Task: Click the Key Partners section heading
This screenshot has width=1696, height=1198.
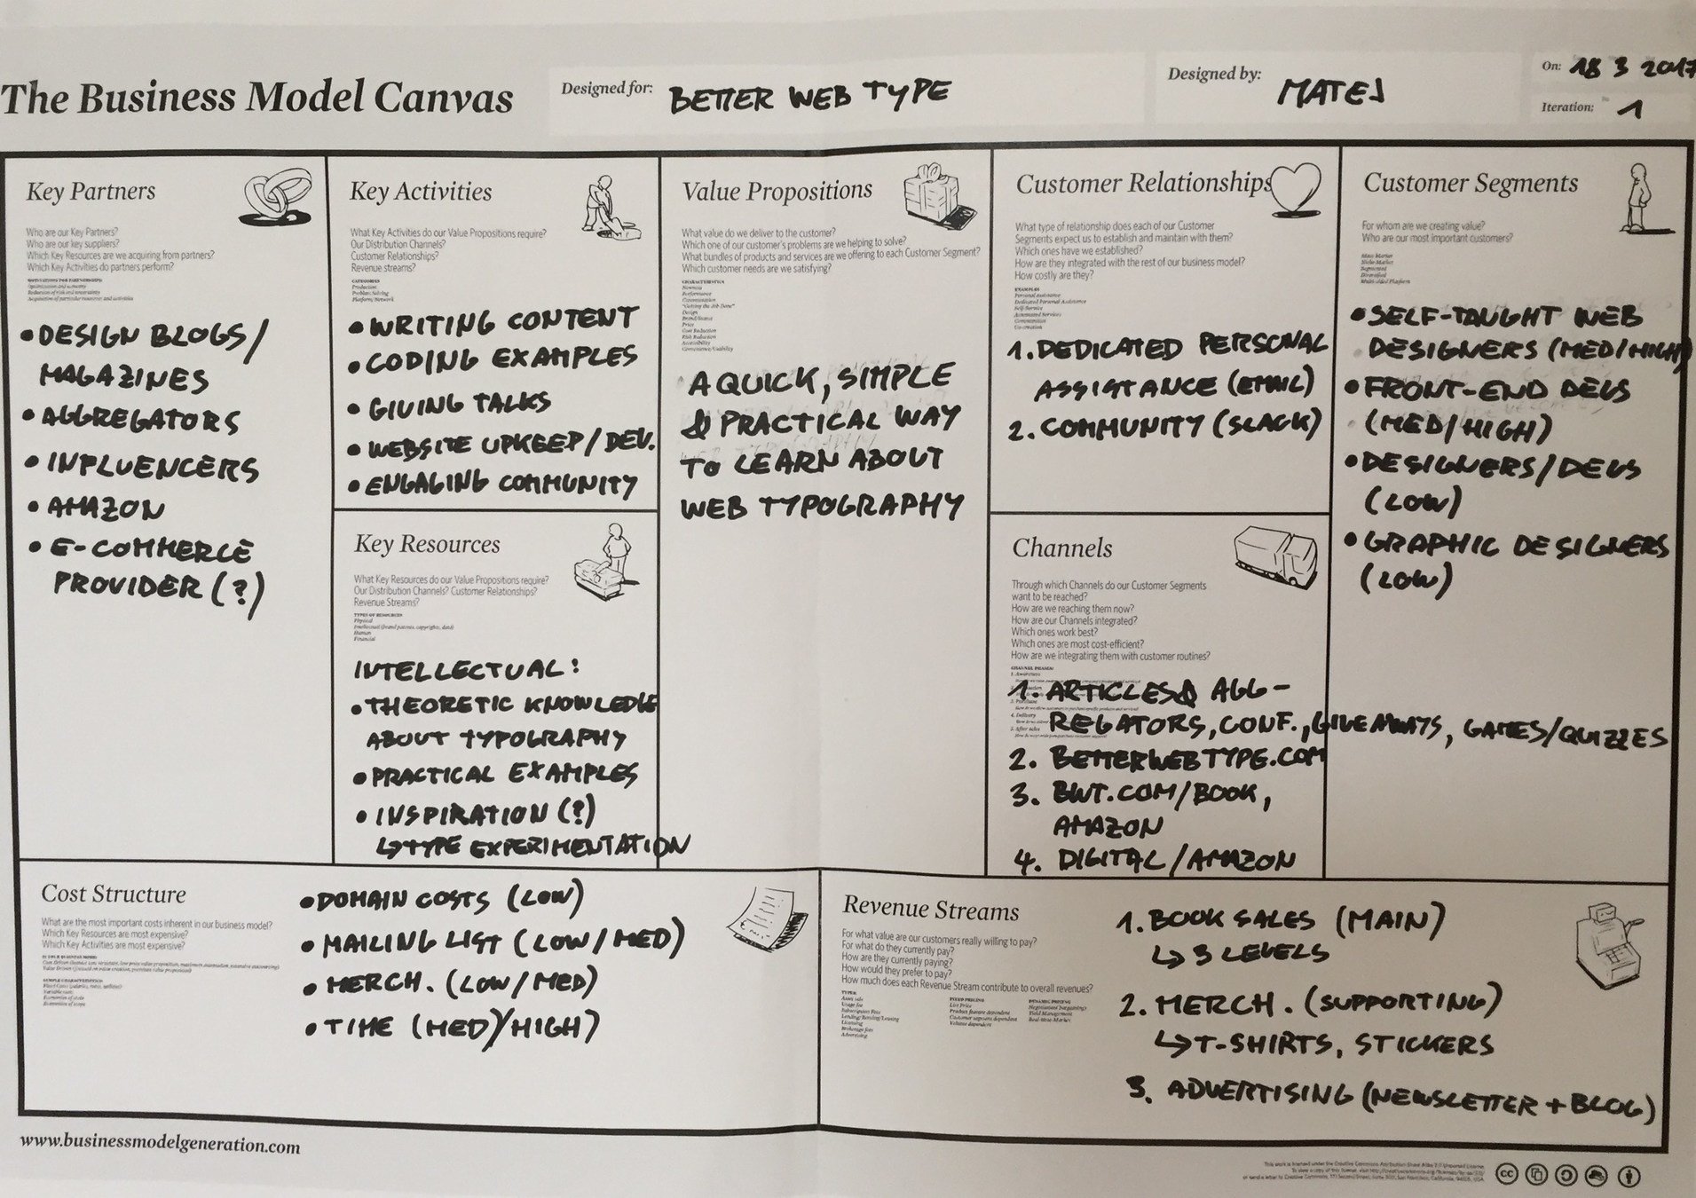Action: (91, 192)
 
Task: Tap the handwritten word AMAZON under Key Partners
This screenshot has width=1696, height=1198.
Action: (96, 508)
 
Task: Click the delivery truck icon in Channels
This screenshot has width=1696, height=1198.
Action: (1275, 557)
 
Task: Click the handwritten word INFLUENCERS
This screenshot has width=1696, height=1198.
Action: (153, 466)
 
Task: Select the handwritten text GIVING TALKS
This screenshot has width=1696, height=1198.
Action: (460, 406)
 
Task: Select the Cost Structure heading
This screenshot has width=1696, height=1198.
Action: (114, 895)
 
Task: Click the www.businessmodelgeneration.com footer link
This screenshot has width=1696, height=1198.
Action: (160, 1145)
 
